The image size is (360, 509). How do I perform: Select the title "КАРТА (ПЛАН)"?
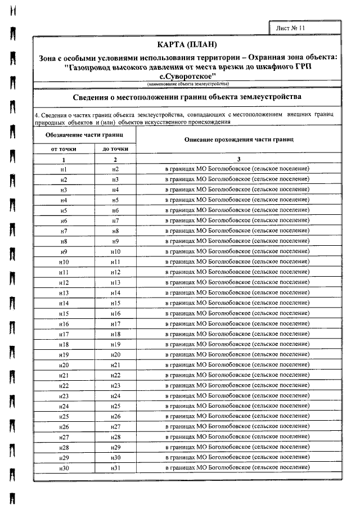[x=187, y=45]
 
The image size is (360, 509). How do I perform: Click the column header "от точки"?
[x=64, y=148]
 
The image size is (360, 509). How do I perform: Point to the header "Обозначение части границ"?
[x=84, y=136]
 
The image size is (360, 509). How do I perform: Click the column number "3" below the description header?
[x=237, y=159]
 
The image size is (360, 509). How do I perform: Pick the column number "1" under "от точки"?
[x=64, y=159]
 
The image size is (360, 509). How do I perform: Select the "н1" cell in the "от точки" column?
[x=64, y=169]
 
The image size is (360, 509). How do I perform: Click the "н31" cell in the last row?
[x=115, y=469]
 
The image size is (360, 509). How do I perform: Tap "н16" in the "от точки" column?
[x=64, y=324]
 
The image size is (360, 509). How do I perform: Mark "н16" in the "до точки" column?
[x=115, y=314]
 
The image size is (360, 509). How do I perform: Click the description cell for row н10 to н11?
[x=237, y=262]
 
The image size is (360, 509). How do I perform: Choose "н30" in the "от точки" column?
[x=64, y=469]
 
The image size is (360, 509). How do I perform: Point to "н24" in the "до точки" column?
[x=115, y=397]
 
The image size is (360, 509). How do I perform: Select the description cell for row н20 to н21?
[x=237, y=366]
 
